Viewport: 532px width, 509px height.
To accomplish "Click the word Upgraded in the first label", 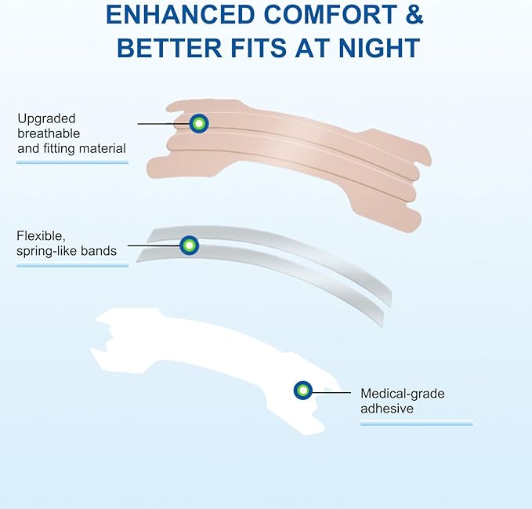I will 46,118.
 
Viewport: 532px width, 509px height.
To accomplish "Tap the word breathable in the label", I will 49,133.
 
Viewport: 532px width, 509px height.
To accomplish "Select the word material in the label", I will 98,148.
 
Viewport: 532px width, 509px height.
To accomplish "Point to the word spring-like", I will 48,251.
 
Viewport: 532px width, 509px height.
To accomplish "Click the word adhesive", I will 387,409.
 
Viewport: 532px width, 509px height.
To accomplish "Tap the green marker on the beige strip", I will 199,123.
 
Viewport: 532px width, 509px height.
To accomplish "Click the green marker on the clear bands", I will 188,245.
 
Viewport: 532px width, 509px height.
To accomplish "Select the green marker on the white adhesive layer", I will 302,390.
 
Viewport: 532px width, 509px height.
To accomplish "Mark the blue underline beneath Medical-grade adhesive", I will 416,424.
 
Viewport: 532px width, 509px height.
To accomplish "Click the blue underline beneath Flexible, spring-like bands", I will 72,265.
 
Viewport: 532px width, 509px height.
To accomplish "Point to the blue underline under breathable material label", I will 72,162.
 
